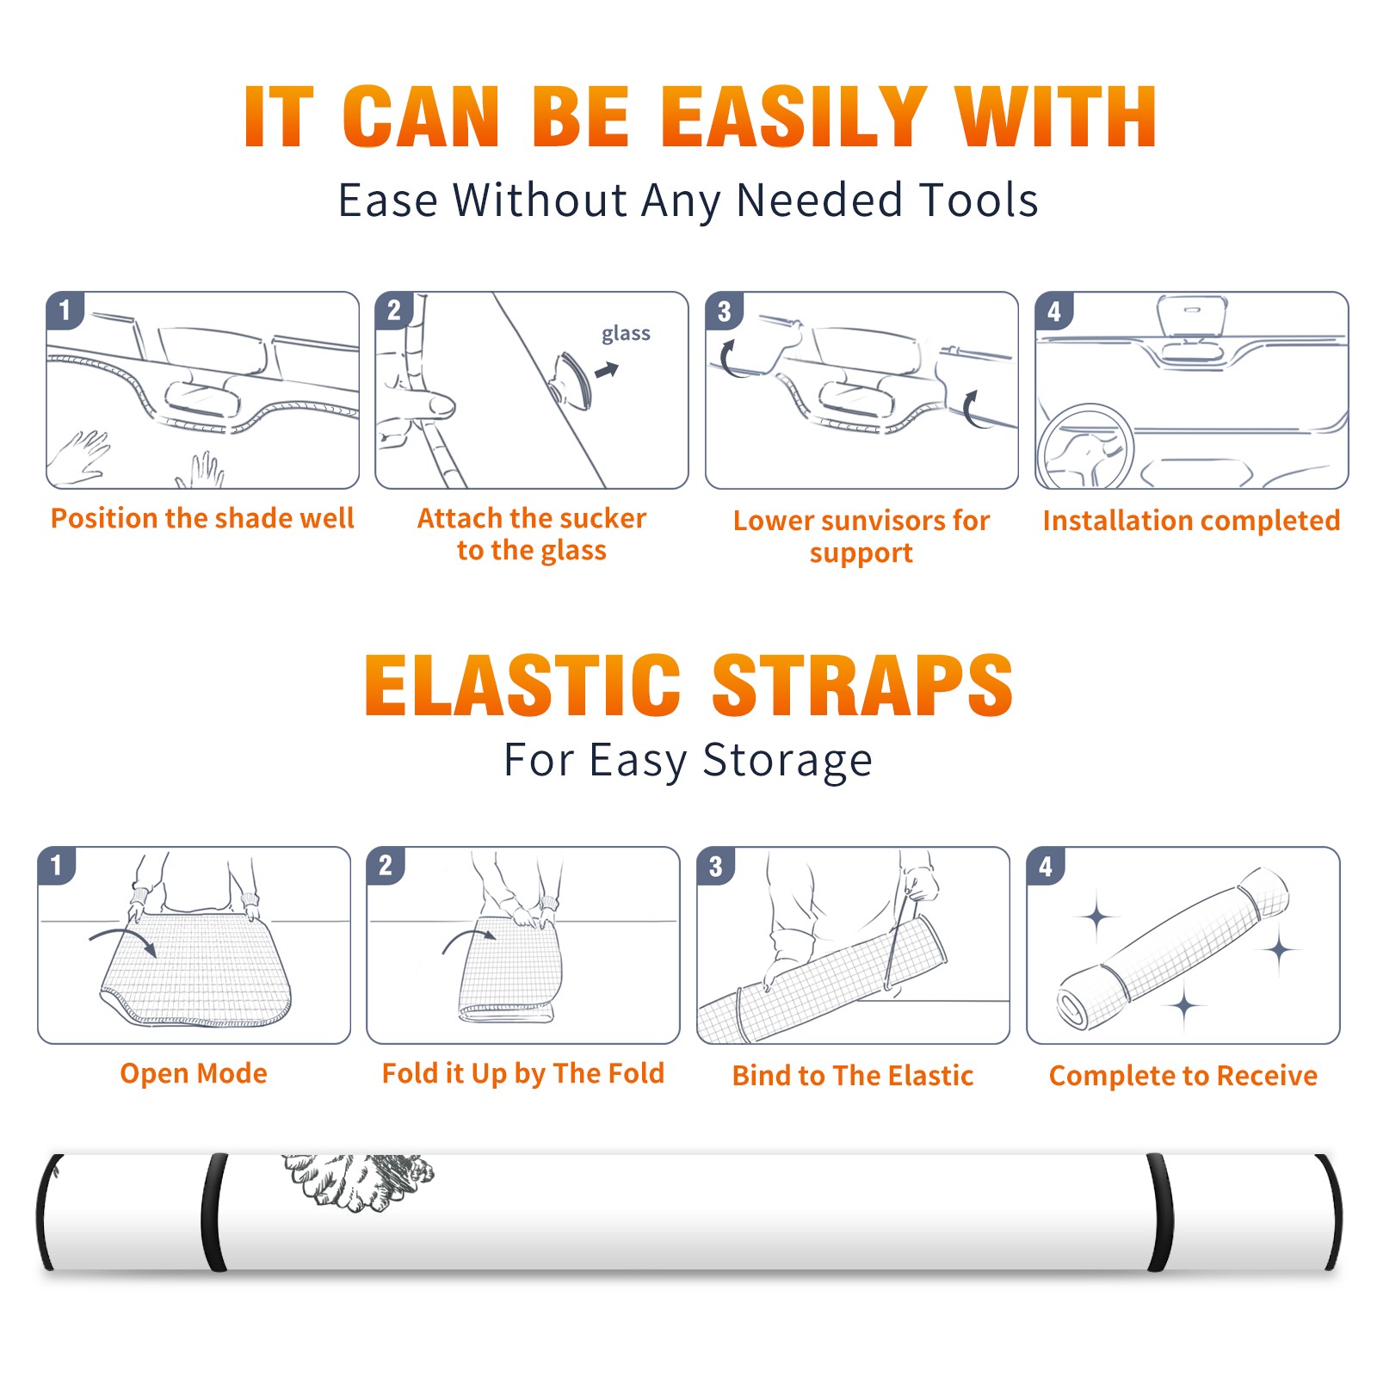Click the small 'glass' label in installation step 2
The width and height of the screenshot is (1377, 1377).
pyautogui.click(x=626, y=334)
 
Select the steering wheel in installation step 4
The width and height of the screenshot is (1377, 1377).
pyautogui.click(x=1085, y=447)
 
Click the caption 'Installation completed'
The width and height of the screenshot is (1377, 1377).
pyautogui.click(x=1191, y=520)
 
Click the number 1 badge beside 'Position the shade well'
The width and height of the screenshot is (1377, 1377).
pyautogui.click(x=65, y=310)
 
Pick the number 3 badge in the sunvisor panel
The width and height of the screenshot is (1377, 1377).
pyautogui.click(x=724, y=311)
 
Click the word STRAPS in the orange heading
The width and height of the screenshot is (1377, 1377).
pyautogui.click(x=862, y=685)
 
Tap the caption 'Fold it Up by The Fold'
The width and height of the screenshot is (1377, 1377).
pyautogui.click(x=523, y=1073)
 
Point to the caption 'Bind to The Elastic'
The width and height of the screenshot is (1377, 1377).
pyautogui.click(x=853, y=1075)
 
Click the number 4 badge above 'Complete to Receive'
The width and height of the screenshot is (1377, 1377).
pyautogui.click(x=1045, y=866)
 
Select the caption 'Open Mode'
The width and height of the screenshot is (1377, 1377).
pyautogui.click(x=194, y=1073)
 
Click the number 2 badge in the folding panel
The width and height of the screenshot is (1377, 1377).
pyautogui.click(x=386, y=865)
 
